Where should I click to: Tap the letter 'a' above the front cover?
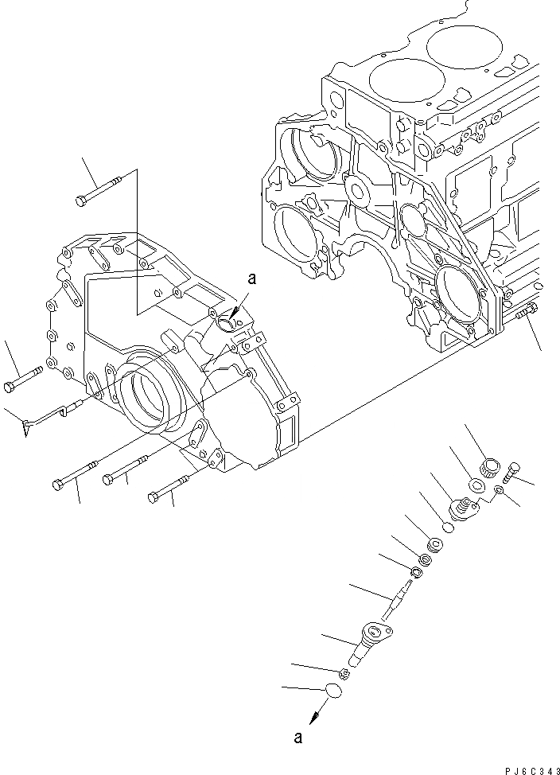coord(252,279)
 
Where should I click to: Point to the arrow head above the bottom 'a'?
coord(313,715)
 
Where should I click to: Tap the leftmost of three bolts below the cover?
coord(75,473)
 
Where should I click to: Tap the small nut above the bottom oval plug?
coord(344,675)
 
